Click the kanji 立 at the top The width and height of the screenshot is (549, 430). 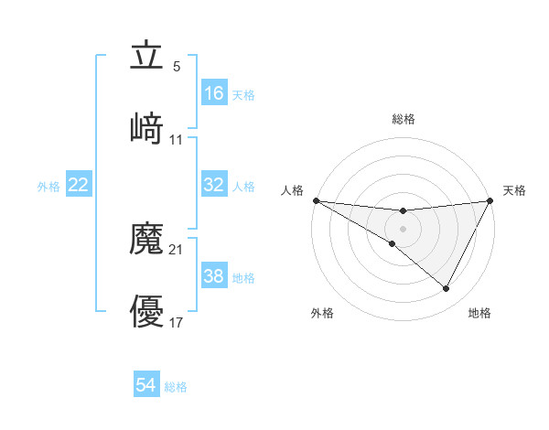coord(147,56)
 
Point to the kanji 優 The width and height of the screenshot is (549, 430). coord(147,312)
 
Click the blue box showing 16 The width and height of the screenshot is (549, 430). coord(214,93)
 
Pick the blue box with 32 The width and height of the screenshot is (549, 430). coord(214,185)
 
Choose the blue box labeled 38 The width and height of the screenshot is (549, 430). coord(214,276)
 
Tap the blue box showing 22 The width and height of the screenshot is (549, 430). coord(79,185)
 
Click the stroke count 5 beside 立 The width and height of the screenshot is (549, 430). coord(177,67)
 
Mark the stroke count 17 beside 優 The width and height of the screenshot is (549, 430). coord(177,323)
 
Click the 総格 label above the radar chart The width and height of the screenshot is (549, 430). coord(404,119)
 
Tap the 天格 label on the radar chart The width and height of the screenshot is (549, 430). coord(514,190)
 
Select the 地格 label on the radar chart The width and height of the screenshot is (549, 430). coord(479,313)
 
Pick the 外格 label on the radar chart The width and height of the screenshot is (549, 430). coord(323,313)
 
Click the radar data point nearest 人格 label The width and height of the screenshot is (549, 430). coord(316,200)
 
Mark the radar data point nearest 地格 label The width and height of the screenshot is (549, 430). coord(447,289)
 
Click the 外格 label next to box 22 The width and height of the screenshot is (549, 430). coord(48,187)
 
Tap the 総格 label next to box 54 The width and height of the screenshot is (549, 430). coord(176,387)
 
